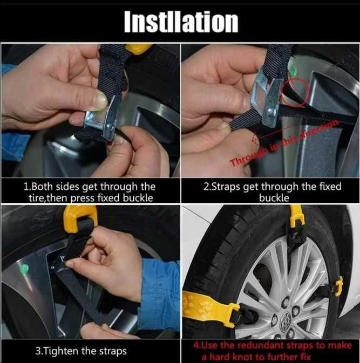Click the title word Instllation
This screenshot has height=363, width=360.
[x=181, y=22]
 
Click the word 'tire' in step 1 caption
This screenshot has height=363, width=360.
[x=35, y=198]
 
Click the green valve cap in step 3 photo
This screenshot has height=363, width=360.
[x=24, y=269]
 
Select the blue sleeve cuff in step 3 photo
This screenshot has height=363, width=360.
[x=160, y=294]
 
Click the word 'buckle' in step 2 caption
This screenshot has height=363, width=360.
[x=274, y=198]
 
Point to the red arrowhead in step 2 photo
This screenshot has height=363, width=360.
[x=255, y=140]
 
